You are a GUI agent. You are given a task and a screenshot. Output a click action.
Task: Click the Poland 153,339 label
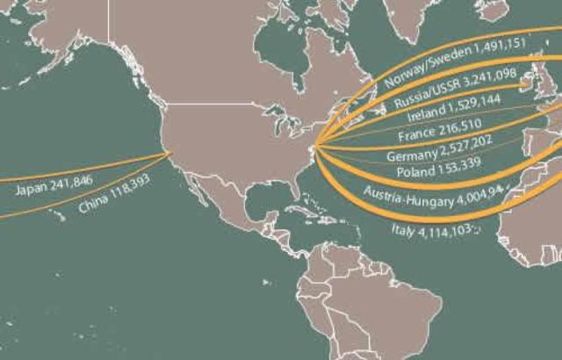click(x=427, y=170)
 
